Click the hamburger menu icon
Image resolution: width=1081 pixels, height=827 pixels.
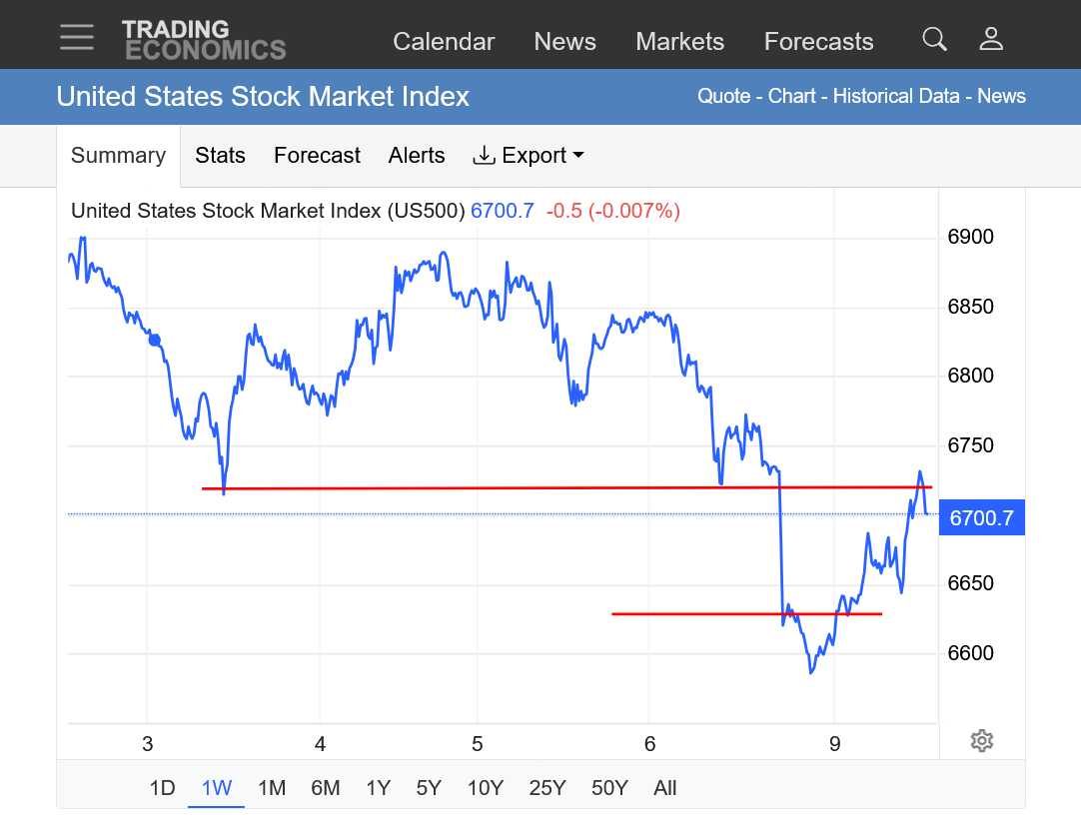tap(76, 37)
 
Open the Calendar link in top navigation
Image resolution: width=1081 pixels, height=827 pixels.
tap(444, 41)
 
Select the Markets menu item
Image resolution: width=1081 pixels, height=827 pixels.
tap(679, 41)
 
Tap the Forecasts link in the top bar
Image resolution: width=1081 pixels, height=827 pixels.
tap(818, 41)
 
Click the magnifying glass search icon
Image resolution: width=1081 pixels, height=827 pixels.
tap(934, 39)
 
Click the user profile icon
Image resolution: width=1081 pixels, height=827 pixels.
tap(990, 39)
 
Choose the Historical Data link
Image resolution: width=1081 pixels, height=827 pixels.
tap(896, 96)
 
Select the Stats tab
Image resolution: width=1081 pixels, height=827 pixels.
tap(220, 155)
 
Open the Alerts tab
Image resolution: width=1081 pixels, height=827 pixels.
tap(417, 155)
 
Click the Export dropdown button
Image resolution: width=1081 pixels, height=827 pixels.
tap(528, 155)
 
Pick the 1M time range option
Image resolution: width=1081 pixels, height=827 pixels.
tap(272, 788)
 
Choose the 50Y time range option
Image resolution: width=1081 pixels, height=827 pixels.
tap(608, 788)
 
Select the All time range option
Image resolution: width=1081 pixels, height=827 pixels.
tap(665, 788)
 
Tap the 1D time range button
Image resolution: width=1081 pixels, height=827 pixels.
tap(162, 788)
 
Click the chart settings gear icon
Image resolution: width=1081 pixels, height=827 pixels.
tap(981, 740)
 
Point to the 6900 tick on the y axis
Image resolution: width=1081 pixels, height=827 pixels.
tap(970, 237)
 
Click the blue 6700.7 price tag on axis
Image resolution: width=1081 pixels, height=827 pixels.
tap(981, 518)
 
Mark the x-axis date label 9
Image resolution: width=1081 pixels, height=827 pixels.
tap(835, 743)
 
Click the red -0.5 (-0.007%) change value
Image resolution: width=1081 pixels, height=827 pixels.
tap(612, 211)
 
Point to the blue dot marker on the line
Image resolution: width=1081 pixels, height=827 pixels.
tap(155, 340)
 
